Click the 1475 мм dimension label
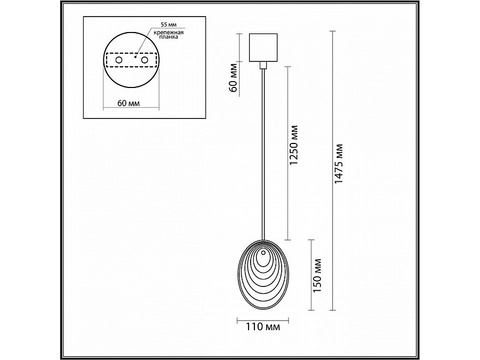coord(339,164)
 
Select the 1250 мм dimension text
coord(294,145)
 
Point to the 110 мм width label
coord(263,327)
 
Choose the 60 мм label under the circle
coord(129,103)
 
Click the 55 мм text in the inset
coord(169,25)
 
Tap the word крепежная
coord(169,32)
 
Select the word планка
coord(169,37)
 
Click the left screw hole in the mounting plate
coord(118,60)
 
